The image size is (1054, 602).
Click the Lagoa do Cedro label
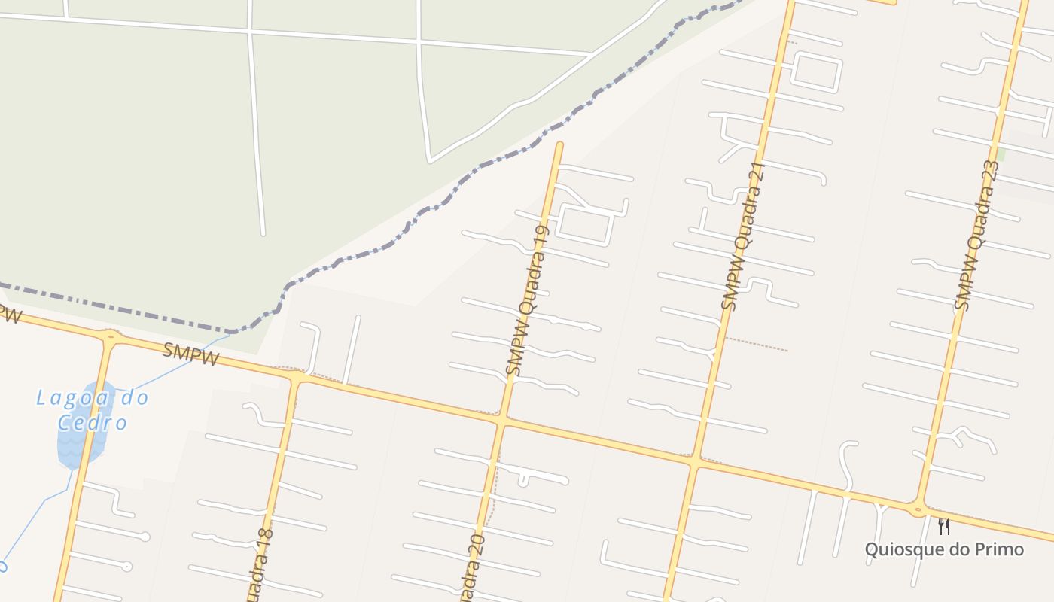coord(93,409)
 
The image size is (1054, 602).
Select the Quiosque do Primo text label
coord(944,549)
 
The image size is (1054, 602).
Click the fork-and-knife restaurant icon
coord(944,526)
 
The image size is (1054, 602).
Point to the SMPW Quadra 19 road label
coord(528,299)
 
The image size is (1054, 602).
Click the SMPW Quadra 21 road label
coord(743,236)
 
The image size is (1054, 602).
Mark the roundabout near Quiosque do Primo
coord(918,510)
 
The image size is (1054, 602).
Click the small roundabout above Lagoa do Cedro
coord(111,336)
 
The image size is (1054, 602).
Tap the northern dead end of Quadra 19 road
coord(559,145)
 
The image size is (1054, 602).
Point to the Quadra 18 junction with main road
coord(294,381)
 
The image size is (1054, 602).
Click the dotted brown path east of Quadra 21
coord(756,344)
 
